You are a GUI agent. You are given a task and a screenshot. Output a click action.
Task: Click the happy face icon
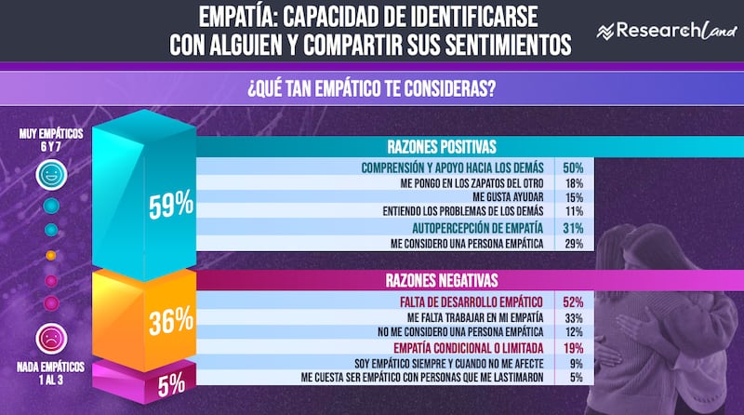pyautogui.click(x=50, y=175)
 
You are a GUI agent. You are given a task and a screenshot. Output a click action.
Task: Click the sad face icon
pyautogui.click(x=50, y=337)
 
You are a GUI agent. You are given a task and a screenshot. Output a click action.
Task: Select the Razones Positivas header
pyautogui.click(x=442, y=147)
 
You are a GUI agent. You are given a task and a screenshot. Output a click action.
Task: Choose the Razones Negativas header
pyautogui.click(x=442, y=279)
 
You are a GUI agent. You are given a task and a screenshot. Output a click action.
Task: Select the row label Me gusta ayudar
pyautogui.click(x=511, y=198)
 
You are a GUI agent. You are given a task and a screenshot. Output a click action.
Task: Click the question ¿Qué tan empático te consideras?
pyautogui.click(x=371, y=90)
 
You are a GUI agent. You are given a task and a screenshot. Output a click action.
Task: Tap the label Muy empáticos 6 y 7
pyautogui.click(x=51, y=140)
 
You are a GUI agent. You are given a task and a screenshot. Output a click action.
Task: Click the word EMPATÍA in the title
pyautogui.click(x=238, y=17)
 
